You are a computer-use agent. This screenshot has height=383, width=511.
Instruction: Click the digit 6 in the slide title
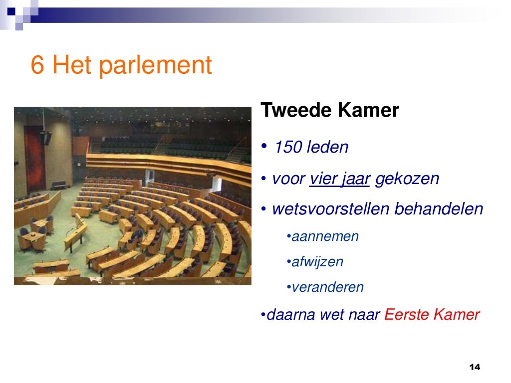pyautogui.click(x=38, y=65)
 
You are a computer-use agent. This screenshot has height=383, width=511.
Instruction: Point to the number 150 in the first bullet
pyautogui.click(x=288, y=148)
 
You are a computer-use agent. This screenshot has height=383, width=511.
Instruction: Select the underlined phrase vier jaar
pyautogui.click(x=339, y=179)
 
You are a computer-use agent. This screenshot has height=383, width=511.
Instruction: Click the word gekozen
pyautogui.click(x=407, y=179)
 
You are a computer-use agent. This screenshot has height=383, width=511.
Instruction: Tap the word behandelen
pyautogui.click(x=439, y=209)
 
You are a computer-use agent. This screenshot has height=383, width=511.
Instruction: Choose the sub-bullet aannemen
pyautogui.click(x=325, y=236)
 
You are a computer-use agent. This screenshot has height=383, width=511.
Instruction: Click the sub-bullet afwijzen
pyautogui.click(x=317, y=262)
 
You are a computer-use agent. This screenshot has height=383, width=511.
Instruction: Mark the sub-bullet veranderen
pyautogui.click(x=327, y=287)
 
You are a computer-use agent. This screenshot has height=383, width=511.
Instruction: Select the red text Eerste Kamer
pyautogui.click(x=432, y=315)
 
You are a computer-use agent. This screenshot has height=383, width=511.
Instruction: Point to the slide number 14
pyautogui.click(x=475, y=367)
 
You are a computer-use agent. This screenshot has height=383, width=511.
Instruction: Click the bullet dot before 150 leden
pyautogui.click(x=263, y=146)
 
